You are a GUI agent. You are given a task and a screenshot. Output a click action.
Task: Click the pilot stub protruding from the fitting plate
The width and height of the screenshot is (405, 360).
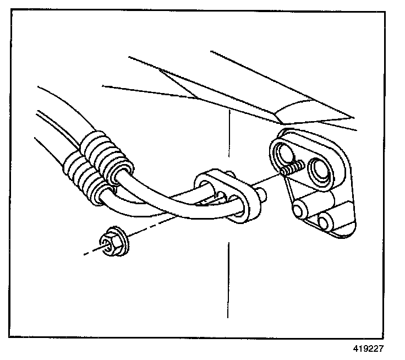[262, 193]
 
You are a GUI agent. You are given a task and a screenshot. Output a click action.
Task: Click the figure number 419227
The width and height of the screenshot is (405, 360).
[368, 348]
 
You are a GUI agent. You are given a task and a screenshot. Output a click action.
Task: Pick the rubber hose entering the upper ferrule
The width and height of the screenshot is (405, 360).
[61, 110]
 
